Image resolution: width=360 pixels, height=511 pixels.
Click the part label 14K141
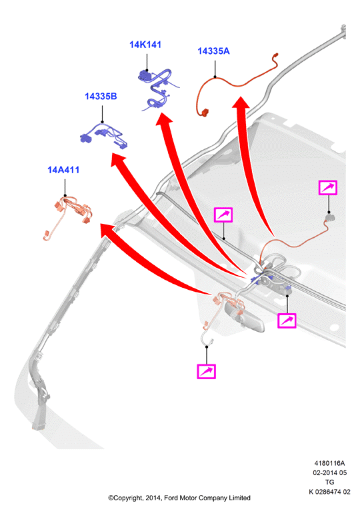pyautogui.click(x=145, y=45)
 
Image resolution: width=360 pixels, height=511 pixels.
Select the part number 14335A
pyautogui.click(x=213, y=51)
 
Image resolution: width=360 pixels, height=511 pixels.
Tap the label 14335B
pyautogui.click(x=101, y=97)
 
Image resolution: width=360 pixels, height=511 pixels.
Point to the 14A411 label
pyautogui.click(x=63, y=170)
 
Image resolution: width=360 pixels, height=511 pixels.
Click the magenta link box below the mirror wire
pyautogui.click(x=207, y=371)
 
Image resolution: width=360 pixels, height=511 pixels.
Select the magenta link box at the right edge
pyautogui.click(x=328, y=188)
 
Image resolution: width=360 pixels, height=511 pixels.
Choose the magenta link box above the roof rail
pyautogui.click(x=223, y=215)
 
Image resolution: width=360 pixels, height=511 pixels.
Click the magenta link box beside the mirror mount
pyautogui.click(x=287, y=320)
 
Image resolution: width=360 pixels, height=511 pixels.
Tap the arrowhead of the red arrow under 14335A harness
pyautogui.click(x=241, y=102)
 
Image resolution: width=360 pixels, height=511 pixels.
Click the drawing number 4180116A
pyautogui.click(x=329, y=463)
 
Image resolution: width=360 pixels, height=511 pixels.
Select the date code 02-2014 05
pyautogui.click(x=330, y=472)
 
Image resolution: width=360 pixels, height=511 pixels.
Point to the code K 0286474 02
pyautogui.click(x=330, y=492)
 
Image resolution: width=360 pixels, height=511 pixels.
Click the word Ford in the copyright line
pyautogui.click(x=171, y=498)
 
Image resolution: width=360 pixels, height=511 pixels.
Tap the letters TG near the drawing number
pyautogui.click(x=330, y=482)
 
